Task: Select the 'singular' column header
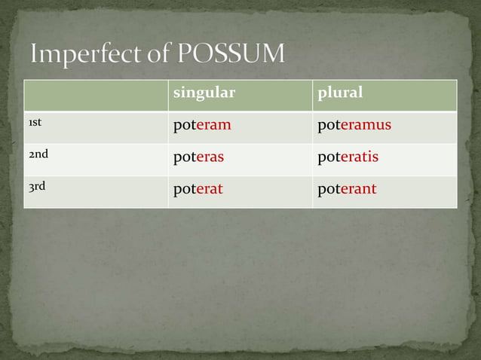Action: (x=204, y=93)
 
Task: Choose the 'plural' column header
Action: (x=340, y=93)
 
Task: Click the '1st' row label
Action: (x=35, y=123)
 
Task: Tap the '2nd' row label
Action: (x=38, y=154)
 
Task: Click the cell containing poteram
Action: (x=202, y=125)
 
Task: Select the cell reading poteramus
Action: (x=354, y=125)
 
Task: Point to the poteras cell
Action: (x=198, y=157)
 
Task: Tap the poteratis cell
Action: (x=348, y=157)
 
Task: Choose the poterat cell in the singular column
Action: (x=198, y=189)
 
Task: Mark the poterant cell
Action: (x=347, y=189)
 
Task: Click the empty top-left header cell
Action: (x=96, y=95)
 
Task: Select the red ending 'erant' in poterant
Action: (x=358, y=189)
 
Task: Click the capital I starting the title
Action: (x=35, y=54)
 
